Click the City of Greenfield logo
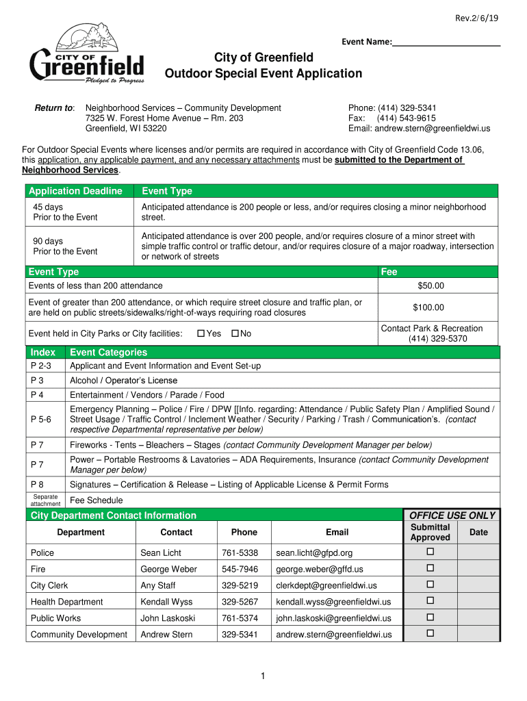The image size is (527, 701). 88,54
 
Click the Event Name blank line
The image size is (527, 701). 446,42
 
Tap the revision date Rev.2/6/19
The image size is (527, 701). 476,18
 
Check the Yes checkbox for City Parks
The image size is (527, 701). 201,334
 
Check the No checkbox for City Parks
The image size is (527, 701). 235,334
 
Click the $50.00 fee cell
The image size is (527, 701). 431,285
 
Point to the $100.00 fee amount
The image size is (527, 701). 428,307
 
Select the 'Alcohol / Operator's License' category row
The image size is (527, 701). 123,381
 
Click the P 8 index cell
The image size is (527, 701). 38,485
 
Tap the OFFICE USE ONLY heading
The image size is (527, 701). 452,515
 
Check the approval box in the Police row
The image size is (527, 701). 430,552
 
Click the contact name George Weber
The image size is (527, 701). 168,569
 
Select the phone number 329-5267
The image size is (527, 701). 239,602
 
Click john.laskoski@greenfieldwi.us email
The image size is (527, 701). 333,618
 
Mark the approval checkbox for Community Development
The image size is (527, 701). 430,634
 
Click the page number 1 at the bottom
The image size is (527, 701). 262,677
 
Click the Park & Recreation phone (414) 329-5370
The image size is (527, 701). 438,339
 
